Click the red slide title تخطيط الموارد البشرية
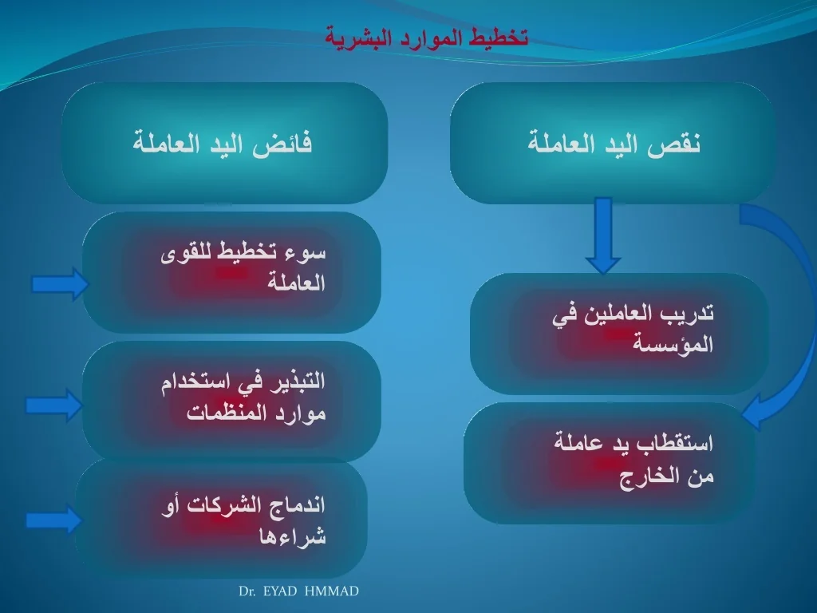(x=427, y=38)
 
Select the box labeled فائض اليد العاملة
(x=224, y=143)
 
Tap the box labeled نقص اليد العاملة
(x=612, y=143)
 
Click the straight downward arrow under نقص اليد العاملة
(x=603, y=235)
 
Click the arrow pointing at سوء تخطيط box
(x=61, y=284)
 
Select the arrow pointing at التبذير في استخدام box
(x=54, y=405)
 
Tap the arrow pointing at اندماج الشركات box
(x=54, y=520)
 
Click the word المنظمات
(x=226, y=413)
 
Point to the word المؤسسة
(x=673, y=344)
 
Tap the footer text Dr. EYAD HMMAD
(x=298, y=591)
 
